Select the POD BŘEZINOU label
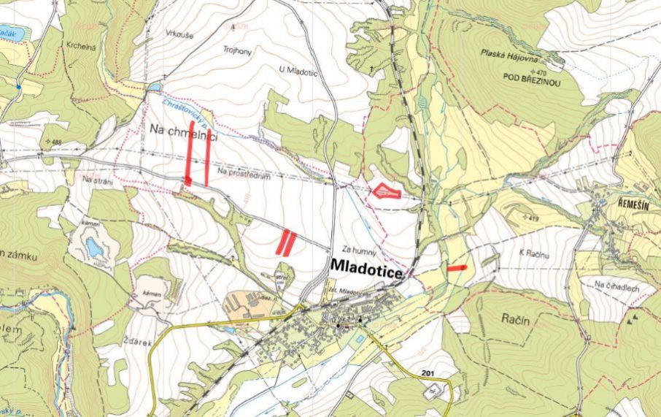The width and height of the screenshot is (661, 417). (530, 83)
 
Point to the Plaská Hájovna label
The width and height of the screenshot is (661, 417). (509, 53)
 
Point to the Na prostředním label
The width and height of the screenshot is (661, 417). (245, 173)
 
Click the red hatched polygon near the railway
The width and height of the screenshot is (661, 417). (386, 191)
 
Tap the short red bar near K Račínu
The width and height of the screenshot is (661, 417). (457, 268)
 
